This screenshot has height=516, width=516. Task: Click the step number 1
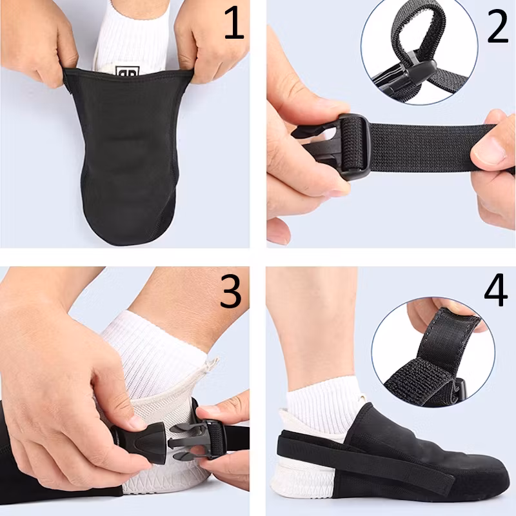pos(234,24)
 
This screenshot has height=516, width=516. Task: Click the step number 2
pos(497,26)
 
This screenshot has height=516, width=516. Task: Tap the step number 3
pos(230,292)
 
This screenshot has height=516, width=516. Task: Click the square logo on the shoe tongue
pos(127,71)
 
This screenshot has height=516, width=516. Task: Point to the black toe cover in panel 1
pos(126,155)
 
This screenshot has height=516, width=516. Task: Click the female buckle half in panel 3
pos(140,442)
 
